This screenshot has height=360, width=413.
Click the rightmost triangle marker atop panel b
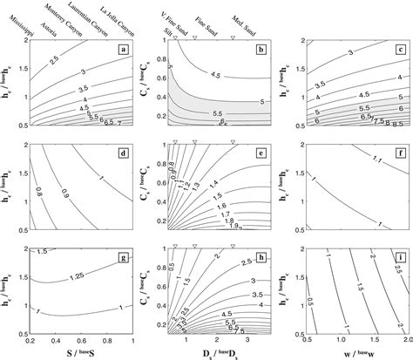233,37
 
